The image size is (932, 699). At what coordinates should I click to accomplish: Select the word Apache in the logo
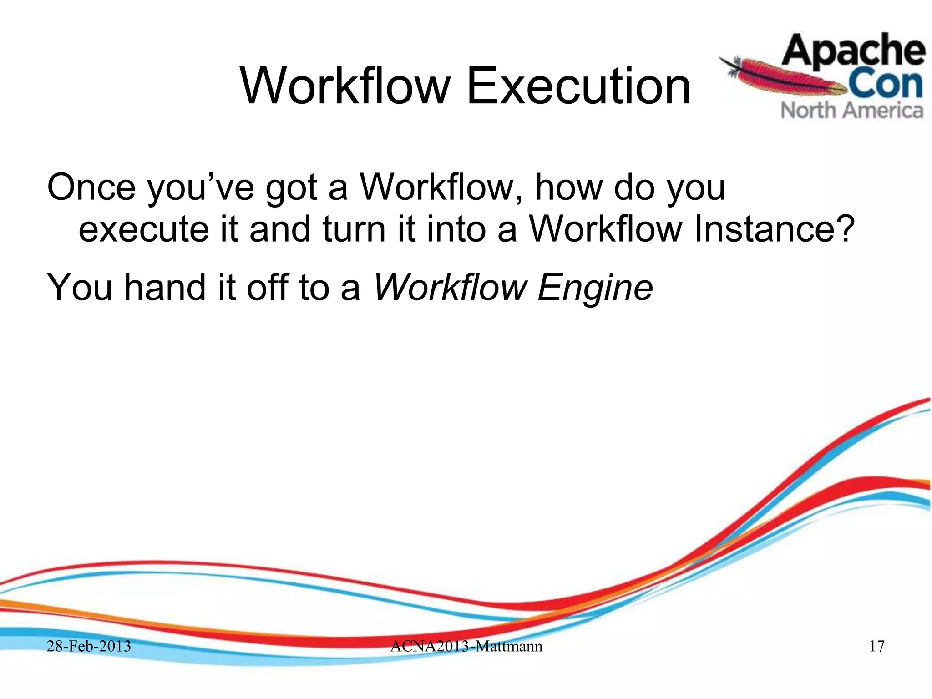(853, 51)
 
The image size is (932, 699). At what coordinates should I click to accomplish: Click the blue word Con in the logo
(885, 84)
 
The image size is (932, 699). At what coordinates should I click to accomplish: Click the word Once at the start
(91, 187)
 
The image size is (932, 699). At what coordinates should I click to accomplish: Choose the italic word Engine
(595, 288)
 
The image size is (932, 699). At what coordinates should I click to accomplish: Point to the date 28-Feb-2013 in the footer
(89, 646)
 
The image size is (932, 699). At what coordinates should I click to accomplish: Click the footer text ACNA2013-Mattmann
(466, 646)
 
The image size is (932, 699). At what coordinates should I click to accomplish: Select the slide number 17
(876, 646)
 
